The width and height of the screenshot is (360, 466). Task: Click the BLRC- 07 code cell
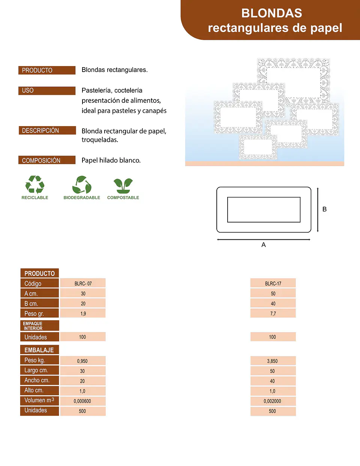coord(83,283)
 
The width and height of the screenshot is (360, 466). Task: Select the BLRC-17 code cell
coord(273,283)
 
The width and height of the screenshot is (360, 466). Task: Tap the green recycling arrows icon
coord(35,185)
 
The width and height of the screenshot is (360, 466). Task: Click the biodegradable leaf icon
coord(82,185)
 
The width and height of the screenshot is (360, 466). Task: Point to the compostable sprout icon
coord(123,186)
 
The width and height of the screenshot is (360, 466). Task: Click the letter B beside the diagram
coord(324,209)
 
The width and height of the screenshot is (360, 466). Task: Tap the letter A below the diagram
coord(264,245)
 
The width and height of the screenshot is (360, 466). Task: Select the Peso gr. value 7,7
coord(273,313)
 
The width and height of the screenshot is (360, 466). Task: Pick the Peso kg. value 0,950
coord(83,361)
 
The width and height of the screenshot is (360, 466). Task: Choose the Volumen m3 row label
coord(39,401)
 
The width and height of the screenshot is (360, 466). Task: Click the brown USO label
coord(47,90)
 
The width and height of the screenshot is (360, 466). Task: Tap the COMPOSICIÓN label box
coord(47,160)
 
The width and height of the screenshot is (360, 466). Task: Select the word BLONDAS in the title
coord(272,13)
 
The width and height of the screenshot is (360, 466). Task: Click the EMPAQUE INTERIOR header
coord(40,326)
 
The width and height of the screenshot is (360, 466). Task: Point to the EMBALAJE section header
coord(39,350)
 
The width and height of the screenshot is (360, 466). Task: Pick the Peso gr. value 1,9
coord(83,313)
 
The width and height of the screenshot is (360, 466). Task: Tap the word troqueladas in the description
coord(100,140)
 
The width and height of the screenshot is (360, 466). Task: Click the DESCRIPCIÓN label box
coord(47,131)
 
